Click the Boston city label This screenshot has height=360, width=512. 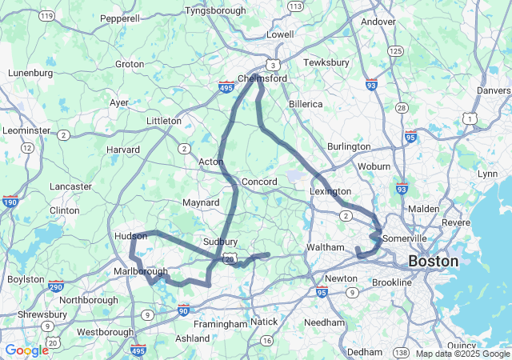pos(434,261)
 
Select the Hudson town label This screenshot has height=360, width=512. pos(131,237)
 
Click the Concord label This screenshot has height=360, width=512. pos(258,182)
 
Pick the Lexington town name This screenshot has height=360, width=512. pos(330,191)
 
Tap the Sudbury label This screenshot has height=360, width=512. pos(220,241)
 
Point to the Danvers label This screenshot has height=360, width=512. pos(494,90)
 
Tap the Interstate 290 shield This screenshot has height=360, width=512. pos(55,286)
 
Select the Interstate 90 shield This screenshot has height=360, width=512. pos(184,310)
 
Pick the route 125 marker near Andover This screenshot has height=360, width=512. pos(394,50)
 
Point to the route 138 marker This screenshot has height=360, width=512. pos(401,352)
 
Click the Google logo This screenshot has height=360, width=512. pos(26,350)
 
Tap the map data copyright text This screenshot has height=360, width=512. pos(462,354)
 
